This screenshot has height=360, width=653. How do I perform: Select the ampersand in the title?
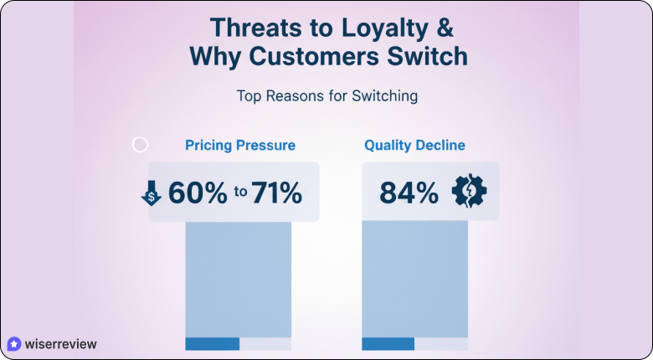coord(444,27)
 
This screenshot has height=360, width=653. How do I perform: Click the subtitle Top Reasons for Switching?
coord(327,95)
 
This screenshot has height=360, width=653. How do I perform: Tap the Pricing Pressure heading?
coord(240,145)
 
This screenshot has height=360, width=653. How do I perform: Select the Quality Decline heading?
coord(414,145)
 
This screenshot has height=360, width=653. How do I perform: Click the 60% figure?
coord(198,193)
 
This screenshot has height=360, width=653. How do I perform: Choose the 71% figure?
coord(276,193)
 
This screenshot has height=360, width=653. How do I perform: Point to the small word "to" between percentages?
coord(240,193)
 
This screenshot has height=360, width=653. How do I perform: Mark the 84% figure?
coord(409,193)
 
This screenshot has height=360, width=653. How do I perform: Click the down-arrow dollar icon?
coord(151,194)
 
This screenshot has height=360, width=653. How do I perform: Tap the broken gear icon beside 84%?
coord(469,192)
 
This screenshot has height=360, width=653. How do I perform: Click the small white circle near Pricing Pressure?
coord(141,145)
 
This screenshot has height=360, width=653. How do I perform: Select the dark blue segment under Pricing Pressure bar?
coord(212,344)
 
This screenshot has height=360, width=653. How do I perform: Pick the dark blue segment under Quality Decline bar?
coord(388,344)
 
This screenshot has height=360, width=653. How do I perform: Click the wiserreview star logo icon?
coord(13,343)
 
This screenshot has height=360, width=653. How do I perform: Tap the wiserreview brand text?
coord(60,343)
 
